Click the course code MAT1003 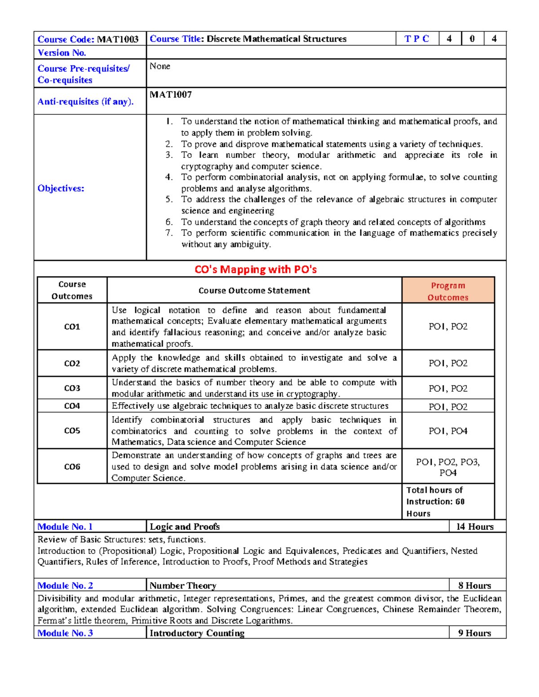(118, 39)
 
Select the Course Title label (175, 39)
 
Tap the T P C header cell (416, 39)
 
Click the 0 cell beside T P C (472, 39)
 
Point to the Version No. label (62, 53)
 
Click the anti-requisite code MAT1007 (171, 95)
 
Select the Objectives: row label (61, 188)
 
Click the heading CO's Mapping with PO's (256, 269)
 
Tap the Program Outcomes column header (448, 291)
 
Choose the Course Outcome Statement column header (254, 290)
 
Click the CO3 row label (72, 388)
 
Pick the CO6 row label (72, 467)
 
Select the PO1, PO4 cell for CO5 (448, 431)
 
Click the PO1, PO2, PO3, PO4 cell (448, 467)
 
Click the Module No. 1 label (65, 527)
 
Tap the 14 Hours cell (475, 527)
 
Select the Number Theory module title (183, 586)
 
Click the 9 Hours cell (475, 633)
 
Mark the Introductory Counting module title (197, 633)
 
